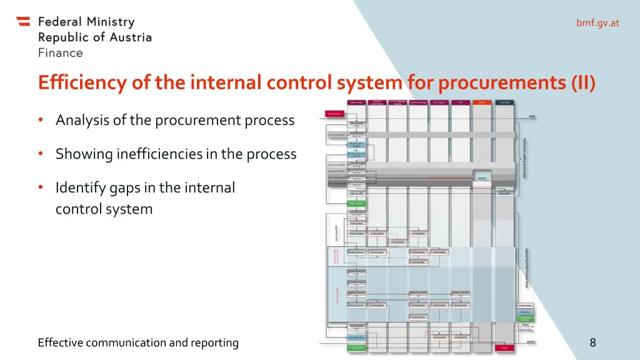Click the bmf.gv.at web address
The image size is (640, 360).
tap(597, 23)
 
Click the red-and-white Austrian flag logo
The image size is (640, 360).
tap(23, 21)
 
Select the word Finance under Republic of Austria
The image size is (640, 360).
tap(60, 53)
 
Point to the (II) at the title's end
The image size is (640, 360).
tap(582, 82)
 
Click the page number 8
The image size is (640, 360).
tap(592, 342)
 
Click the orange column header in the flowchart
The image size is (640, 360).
tap(482, 102)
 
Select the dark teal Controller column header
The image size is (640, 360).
tap(504, 102)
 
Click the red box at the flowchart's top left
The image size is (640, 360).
tap(334, 114)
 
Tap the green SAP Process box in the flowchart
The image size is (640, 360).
tap(356, 203)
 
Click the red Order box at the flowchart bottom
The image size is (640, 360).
tap(504, 347)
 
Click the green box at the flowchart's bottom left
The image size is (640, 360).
tap(356, 347)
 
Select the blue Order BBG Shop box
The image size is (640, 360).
tap(356, 337)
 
